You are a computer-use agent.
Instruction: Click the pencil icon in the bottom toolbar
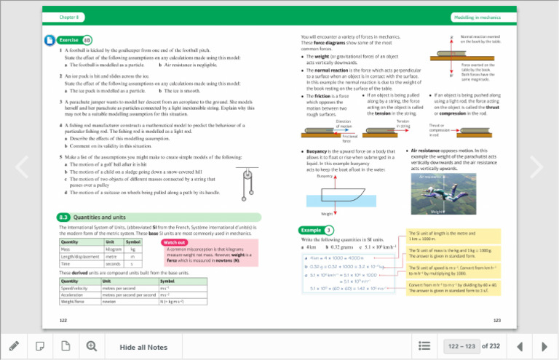click(14, 346)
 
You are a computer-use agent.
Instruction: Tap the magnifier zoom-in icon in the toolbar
click(92, 346)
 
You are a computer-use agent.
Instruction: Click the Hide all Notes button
click(143, 347)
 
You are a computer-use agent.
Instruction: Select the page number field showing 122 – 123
click(464, 347)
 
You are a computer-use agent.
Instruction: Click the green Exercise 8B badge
click(74, 40)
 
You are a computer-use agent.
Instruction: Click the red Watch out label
click(175, 242)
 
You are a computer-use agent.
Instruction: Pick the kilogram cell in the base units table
click(114, 249)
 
